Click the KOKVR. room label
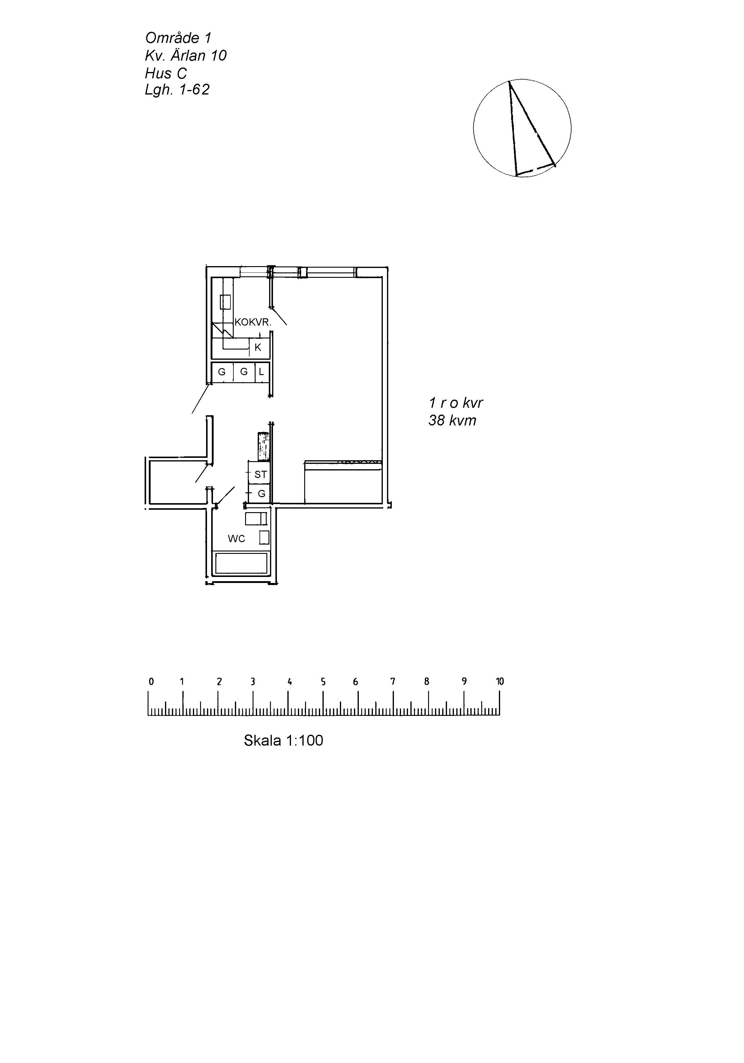(253, 322)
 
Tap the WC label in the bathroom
(236, 539)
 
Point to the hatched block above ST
(263, 447)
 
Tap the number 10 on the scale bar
(499, 681)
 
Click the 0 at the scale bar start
(151, 681)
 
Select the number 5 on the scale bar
(323, 681)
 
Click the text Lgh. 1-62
(177, 89)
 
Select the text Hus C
(166, 73)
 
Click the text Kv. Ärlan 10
(186, 56)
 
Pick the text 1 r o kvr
(456, 403)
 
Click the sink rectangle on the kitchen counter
(226, 302)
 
